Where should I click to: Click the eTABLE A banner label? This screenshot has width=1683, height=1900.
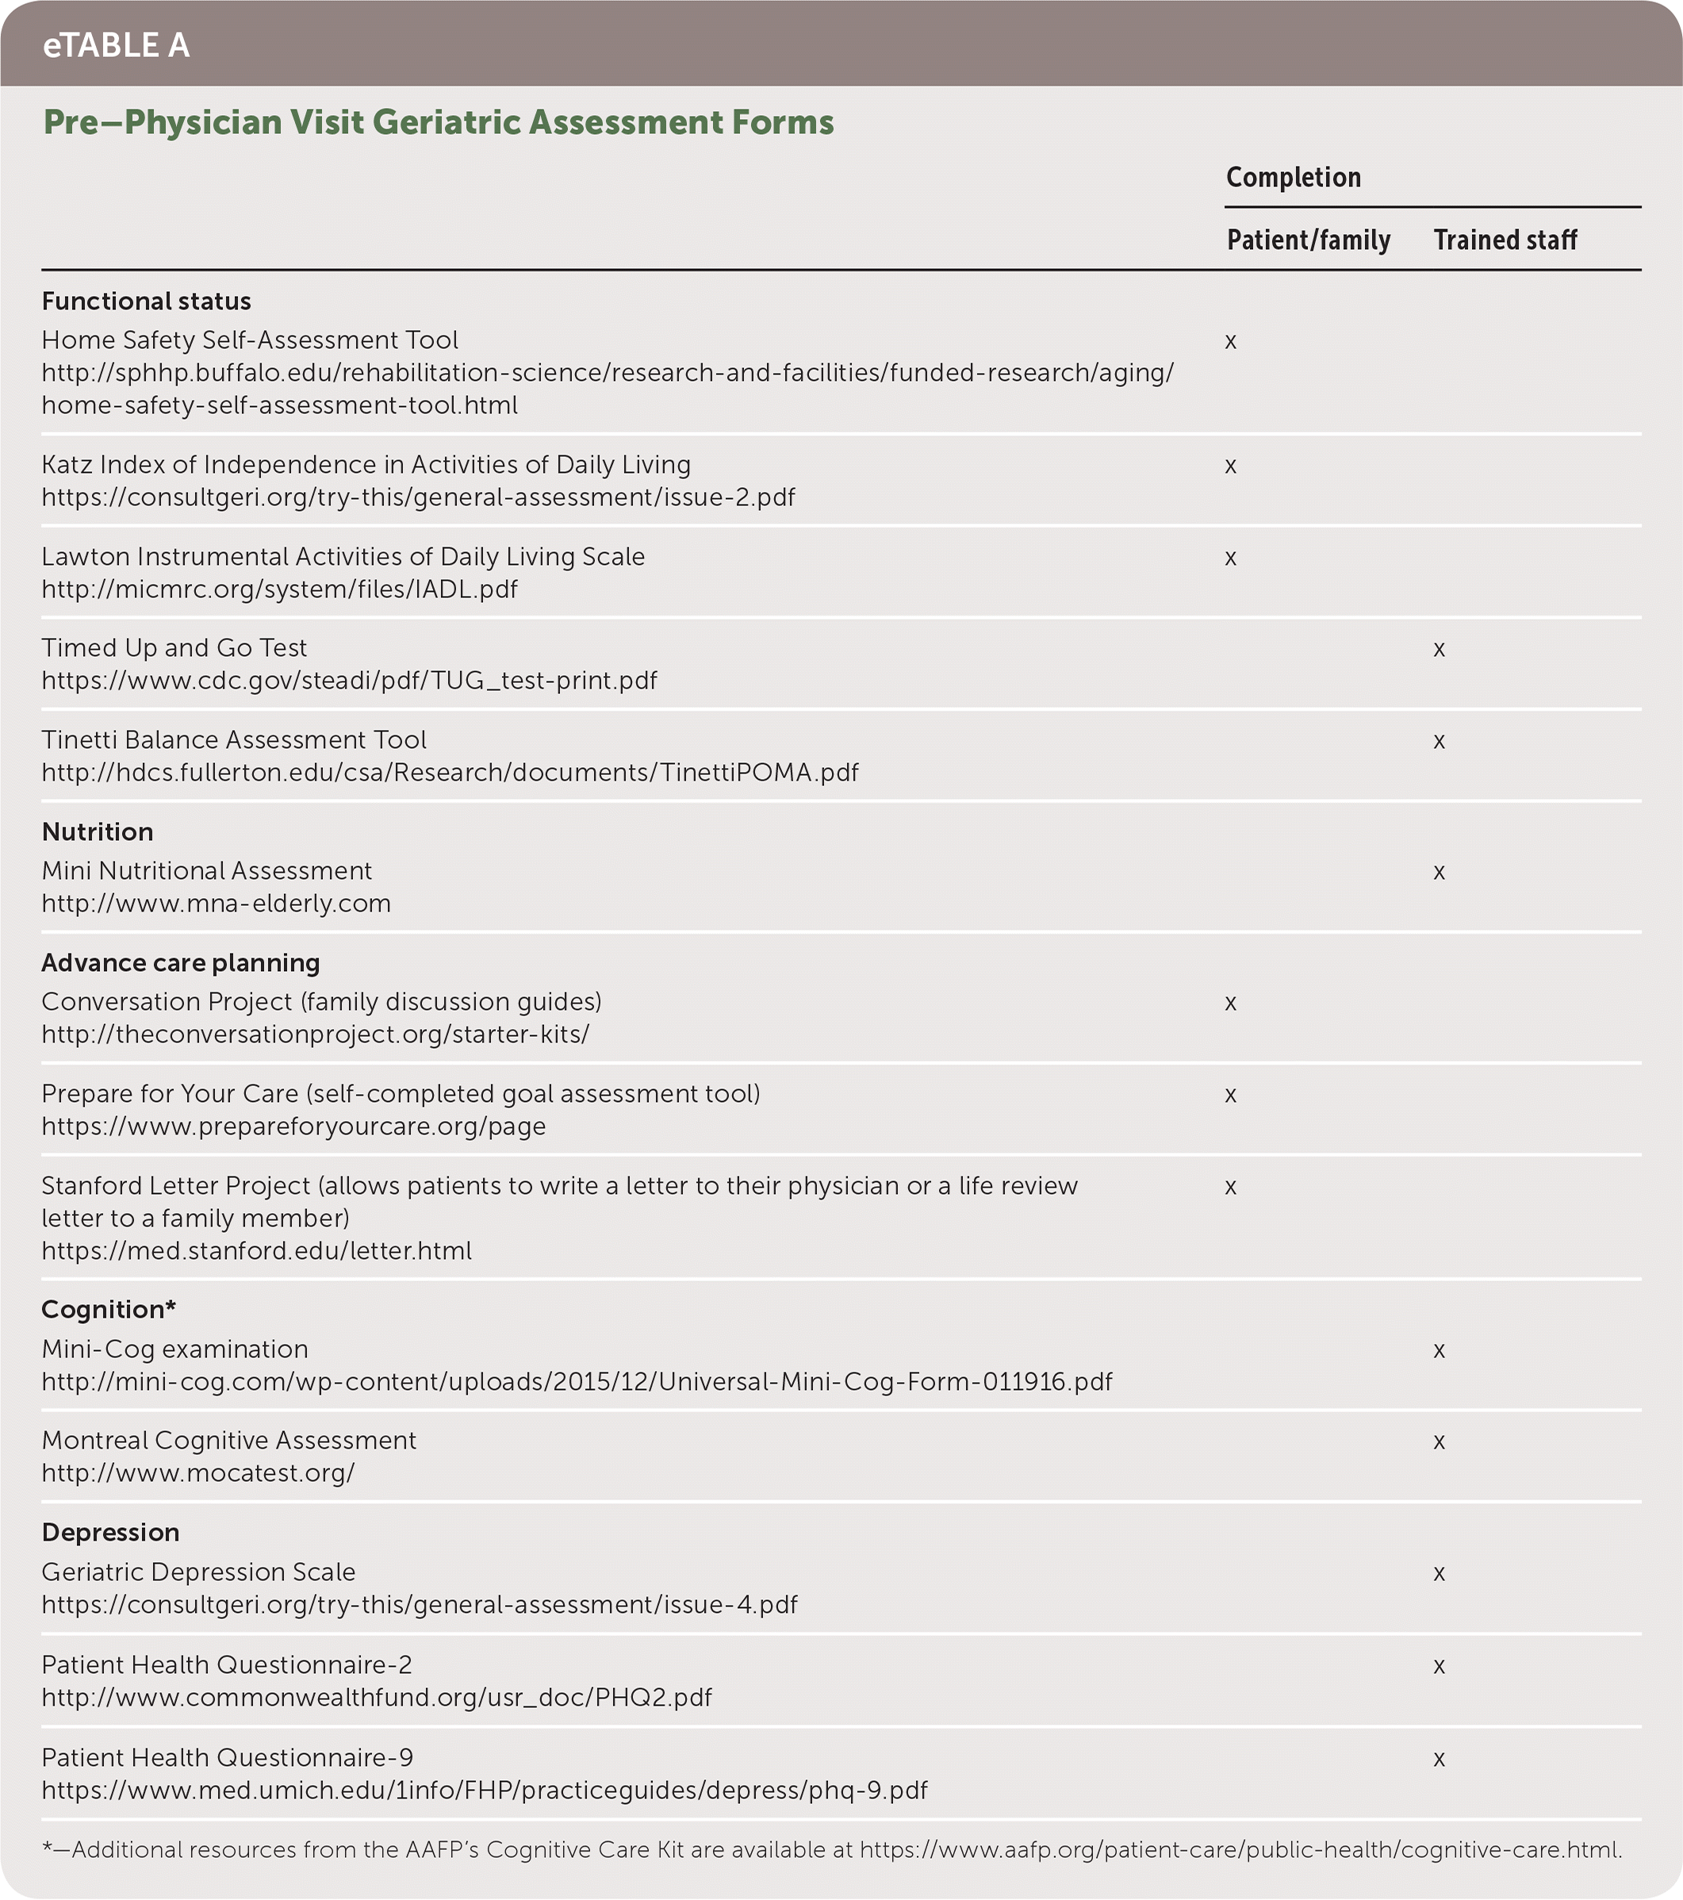pyautogui.click(x=116, y=44)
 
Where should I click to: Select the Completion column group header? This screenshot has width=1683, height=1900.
pyautogui.click(x=1293, y=178)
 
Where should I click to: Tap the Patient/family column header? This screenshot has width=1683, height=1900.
pyautogui.click(x=1308, y=240)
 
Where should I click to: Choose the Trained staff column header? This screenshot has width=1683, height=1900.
pyautogui.click(x=1505, y=240)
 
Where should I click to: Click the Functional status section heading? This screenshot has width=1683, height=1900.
pyautogui.click(x=147, y=301)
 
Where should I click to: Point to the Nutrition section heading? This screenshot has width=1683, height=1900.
pyautogui.click(x=98, y=832)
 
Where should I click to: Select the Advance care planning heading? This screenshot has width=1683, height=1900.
pyautogui.click(x=180, y=963)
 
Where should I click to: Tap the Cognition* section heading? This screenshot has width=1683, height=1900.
pyautogui.click(x=109, y=1310)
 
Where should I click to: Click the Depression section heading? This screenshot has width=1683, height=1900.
pyautogui.click(x=110, y=1533)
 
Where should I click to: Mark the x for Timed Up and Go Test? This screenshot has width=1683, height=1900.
pyautogui.click(x=1439, y=650)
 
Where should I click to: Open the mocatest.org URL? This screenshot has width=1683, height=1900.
pyautogui.click(x=198, y=1473)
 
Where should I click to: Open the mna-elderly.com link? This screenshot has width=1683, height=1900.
pyautogui.click(x=216, y=904)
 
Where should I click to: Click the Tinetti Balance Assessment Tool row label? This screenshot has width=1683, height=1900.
pyautogui.click(x=234, y=740)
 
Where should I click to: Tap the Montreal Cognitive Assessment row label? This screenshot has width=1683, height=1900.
pyautogui.click(x=228, y=1441)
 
